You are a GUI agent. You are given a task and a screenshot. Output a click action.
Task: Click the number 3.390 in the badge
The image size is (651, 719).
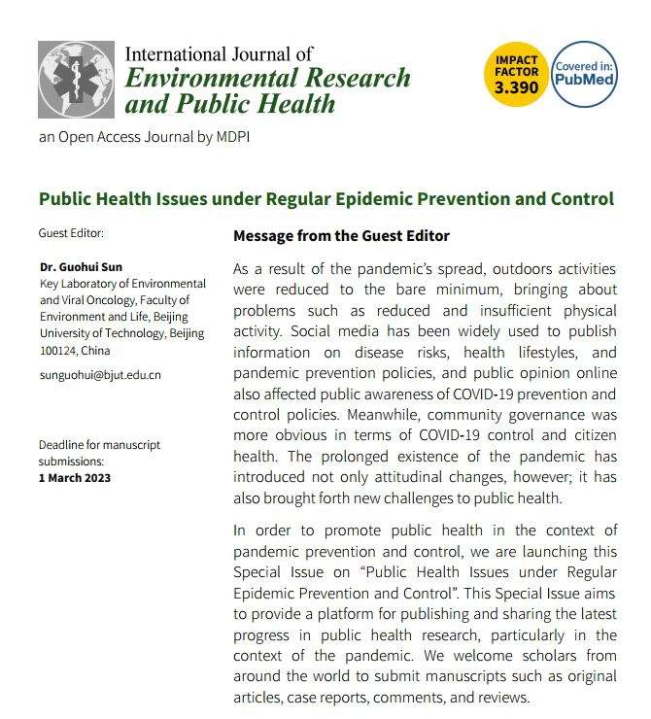tap(515, 87)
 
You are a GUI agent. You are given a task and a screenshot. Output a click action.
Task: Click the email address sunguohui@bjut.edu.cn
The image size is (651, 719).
tap(100, 374)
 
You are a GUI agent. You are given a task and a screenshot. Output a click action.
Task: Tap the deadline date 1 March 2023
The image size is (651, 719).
tap(75, 477)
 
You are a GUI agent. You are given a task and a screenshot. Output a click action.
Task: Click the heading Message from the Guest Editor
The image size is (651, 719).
tap(341, 236)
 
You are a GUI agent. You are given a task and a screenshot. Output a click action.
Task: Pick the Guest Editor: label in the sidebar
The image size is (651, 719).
tap(71, 233)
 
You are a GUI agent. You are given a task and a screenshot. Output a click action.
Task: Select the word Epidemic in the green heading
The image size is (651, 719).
tap(379, 199)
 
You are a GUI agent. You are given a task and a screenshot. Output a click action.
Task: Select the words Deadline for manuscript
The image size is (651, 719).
tap(100, 445)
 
